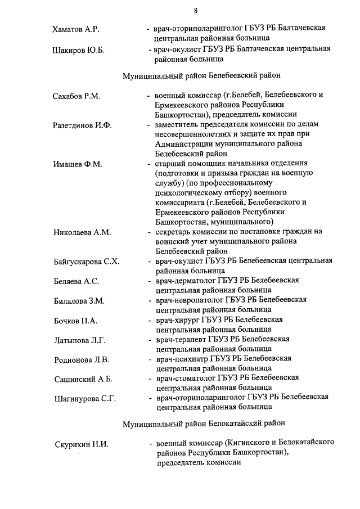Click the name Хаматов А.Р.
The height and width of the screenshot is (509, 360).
coord(76,28)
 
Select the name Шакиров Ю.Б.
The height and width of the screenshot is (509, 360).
coord(78,50)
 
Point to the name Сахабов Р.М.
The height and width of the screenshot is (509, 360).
coord(76,96)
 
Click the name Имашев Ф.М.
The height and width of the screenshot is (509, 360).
coord(78,164)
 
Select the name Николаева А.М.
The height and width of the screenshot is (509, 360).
coord(82,232)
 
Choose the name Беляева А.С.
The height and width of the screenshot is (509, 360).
coord(76,281)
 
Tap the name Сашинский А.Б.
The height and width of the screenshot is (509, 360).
coord(81,379)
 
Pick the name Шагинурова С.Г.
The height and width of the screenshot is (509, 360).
coord(84,399)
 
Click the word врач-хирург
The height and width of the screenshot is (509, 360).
coord(181,320)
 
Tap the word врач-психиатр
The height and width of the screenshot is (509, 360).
coord(184,359)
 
